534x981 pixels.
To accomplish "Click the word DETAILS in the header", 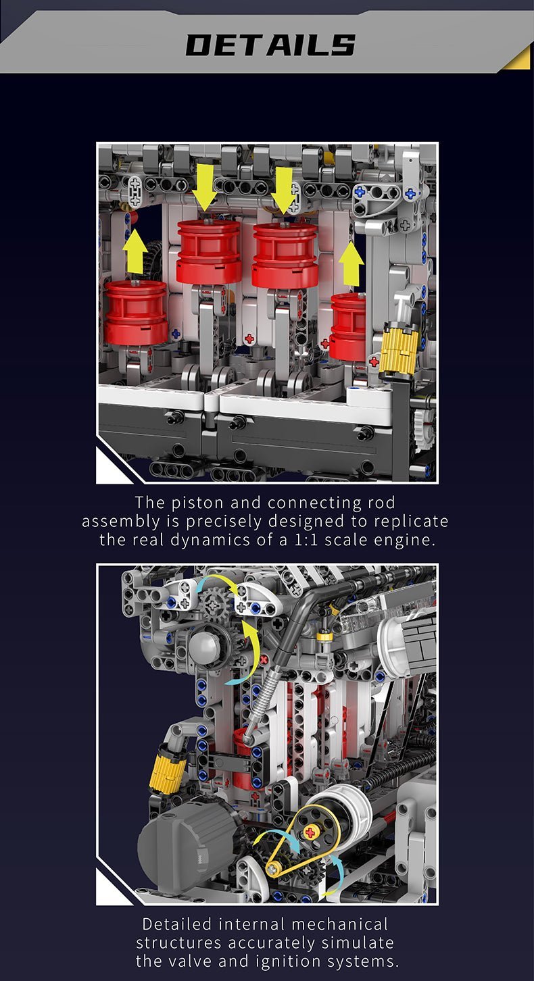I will (270, 45).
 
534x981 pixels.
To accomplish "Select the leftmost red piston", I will (136, 312).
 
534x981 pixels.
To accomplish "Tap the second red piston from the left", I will (209, 251).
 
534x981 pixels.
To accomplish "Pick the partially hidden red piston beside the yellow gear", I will (348, 326).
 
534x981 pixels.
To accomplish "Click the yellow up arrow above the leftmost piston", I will (135, 251).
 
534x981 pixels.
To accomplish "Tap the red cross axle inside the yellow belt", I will (310, 832).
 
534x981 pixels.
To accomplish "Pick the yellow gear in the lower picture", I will (166, 770).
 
